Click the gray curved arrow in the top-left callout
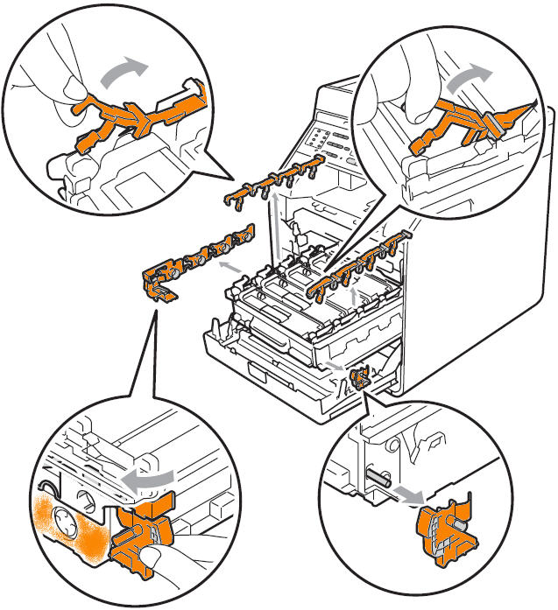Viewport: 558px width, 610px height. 120,74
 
